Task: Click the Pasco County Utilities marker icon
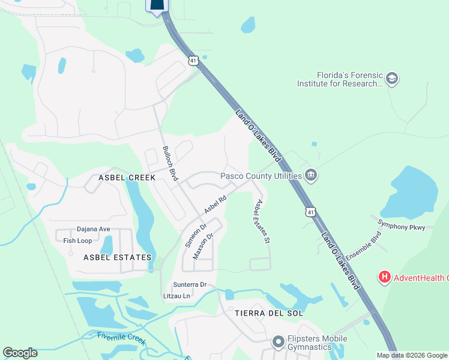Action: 311,176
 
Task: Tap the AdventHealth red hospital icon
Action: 384,277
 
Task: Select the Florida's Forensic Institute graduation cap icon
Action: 392,79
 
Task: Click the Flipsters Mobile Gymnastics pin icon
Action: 277,343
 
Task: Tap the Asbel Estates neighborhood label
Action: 117,257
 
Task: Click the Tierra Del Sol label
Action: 269,313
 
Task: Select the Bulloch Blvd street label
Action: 170,164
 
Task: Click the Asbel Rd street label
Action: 214,205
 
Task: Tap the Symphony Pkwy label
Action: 400,227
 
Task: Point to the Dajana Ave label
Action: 94,229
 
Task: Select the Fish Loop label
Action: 77,241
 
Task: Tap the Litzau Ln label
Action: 176,296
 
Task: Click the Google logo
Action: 20,353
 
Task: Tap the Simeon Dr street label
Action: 195,236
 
